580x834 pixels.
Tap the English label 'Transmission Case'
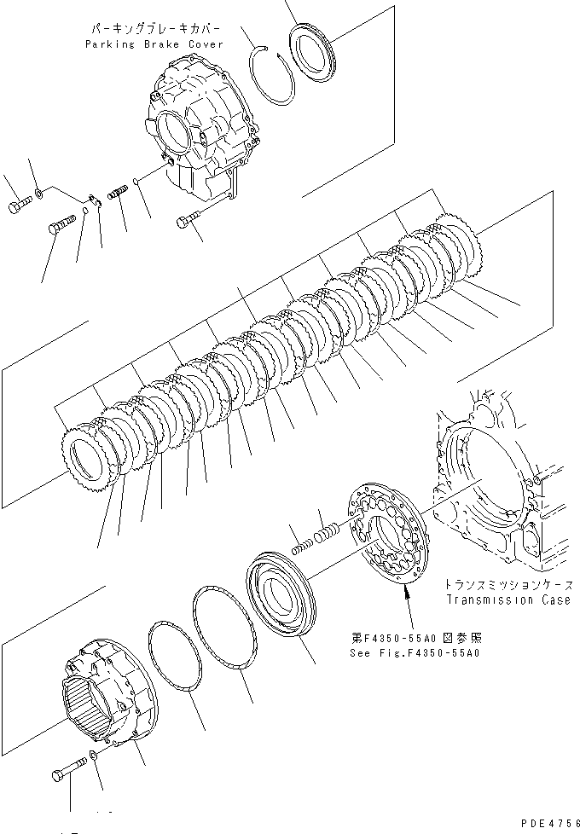pyautogui.click(x=507, y=600)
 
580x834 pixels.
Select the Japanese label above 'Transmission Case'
pyautogui.click(x=507, y=586)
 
